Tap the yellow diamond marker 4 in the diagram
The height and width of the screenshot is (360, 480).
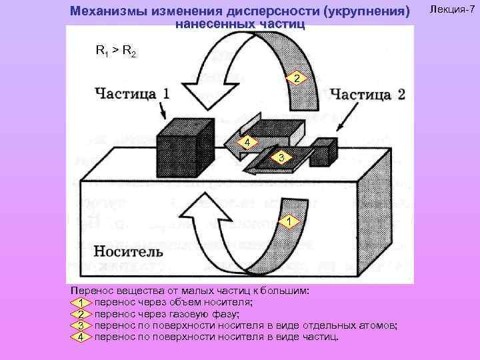[247, 143]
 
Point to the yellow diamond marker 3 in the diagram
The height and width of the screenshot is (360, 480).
[282, 157]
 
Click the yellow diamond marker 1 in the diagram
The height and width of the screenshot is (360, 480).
[287, 221]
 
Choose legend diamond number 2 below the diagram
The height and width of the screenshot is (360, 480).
[80, 314]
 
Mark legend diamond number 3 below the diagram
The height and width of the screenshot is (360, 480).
[80, 325]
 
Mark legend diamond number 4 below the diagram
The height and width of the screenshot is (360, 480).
[80, 336]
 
